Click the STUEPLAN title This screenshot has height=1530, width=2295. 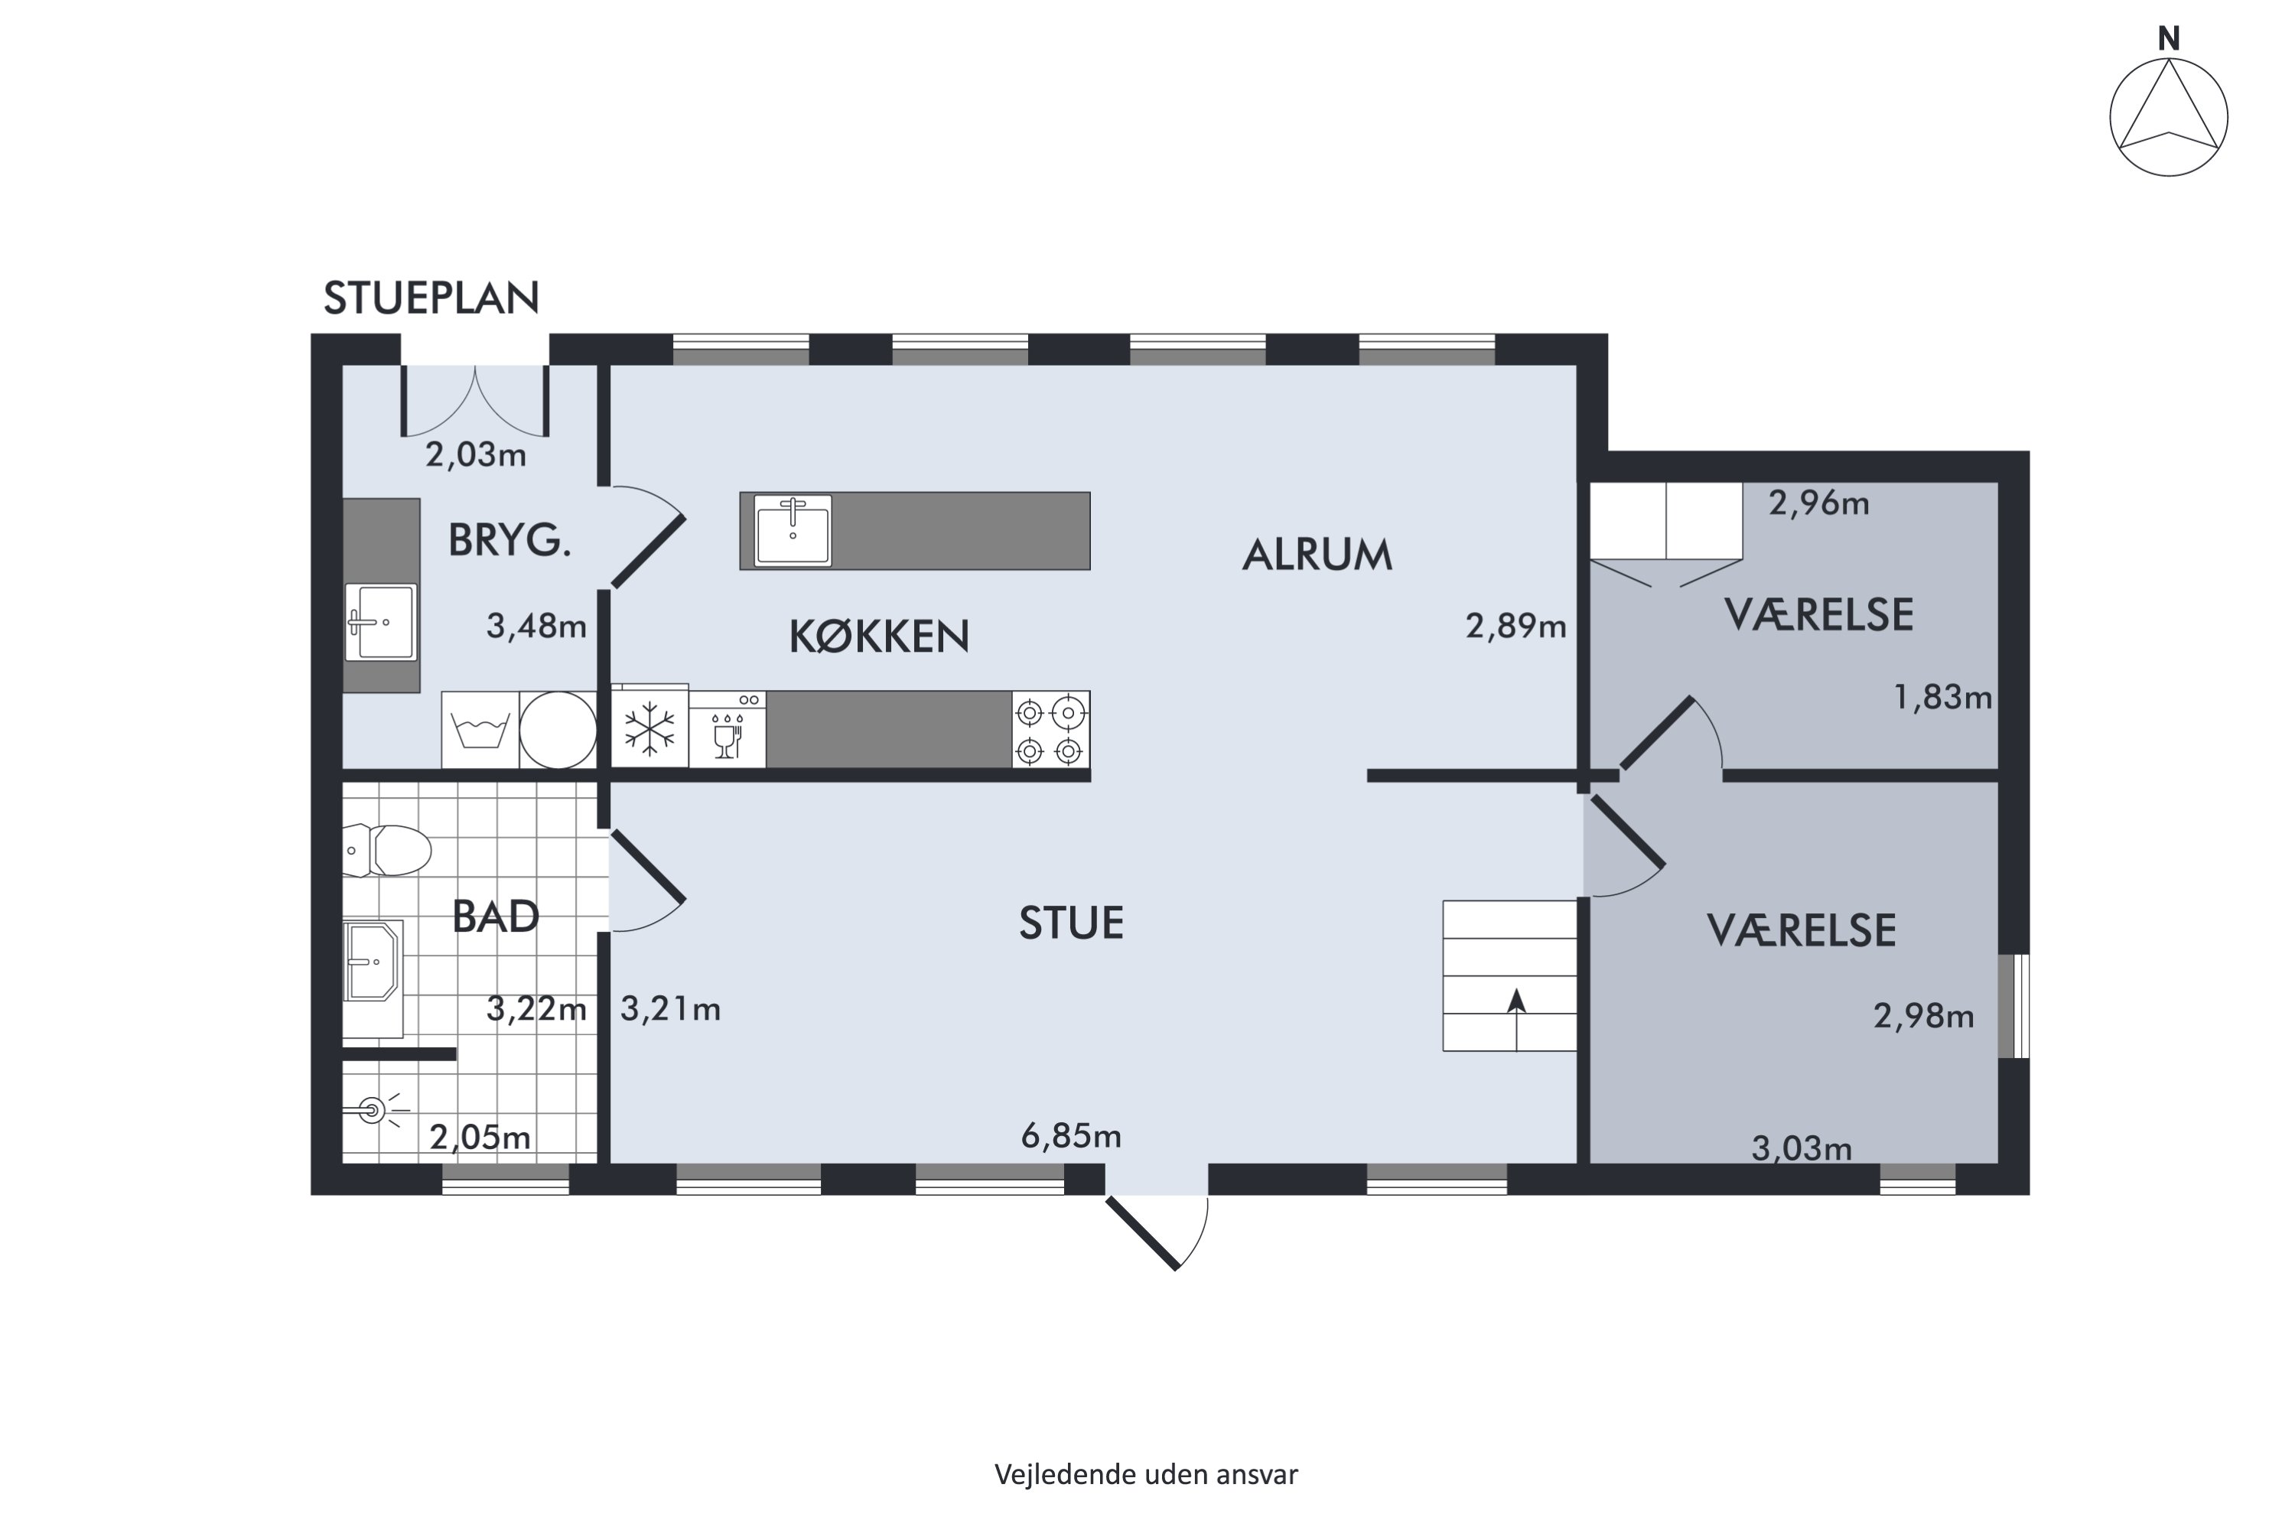tap(431, 298)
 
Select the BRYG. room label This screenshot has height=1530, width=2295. tap(509, 539)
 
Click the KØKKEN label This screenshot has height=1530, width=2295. tap(878, 636)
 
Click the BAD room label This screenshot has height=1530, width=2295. tap(496, 916)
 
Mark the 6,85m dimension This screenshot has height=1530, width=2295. tap(1070, 1136)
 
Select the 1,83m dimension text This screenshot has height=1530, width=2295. tap(1942, 697)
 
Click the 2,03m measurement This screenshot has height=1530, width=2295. tap(475, 454)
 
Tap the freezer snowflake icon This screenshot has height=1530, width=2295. tap(649, 729)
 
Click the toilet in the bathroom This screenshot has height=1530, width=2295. tap(390, 850)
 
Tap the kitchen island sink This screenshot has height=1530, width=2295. tap(793, 530)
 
